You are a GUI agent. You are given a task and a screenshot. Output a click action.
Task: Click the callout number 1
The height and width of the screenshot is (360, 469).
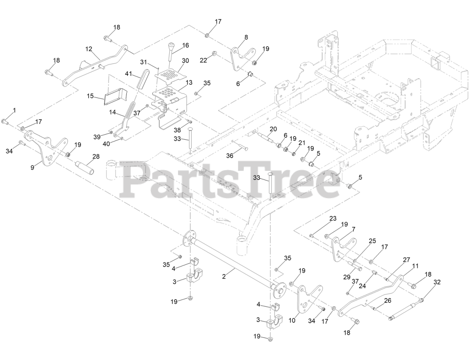15,110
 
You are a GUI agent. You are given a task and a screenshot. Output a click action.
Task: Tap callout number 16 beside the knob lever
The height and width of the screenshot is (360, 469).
185,45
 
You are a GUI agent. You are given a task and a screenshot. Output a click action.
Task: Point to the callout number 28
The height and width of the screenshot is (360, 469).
96,157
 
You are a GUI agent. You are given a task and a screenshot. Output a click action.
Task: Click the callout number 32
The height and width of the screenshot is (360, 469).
437,282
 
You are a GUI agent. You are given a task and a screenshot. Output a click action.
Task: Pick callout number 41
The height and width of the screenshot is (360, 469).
128,74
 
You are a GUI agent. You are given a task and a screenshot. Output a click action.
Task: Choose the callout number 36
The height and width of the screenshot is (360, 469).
230,156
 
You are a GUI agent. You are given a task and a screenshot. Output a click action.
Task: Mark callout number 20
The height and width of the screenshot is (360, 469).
273,129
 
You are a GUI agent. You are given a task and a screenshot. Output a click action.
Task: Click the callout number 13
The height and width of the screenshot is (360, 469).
189,83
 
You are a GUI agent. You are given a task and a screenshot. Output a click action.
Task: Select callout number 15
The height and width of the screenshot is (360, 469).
90,96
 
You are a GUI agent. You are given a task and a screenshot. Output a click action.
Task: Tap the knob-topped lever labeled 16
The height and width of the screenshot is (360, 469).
171,52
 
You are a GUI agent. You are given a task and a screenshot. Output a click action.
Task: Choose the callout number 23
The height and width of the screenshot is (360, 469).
333,218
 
